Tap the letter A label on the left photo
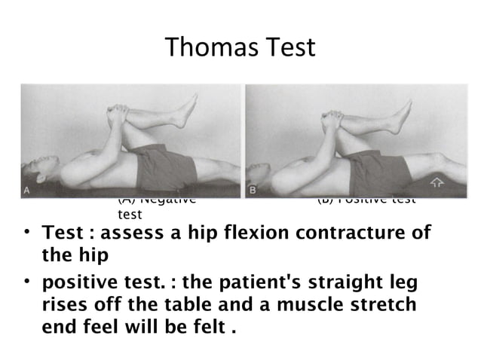(x=27, y=191)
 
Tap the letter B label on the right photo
(x=253, y=191)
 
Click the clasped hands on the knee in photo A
(x=118, y=117)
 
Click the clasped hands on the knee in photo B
(x=332, y=119)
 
